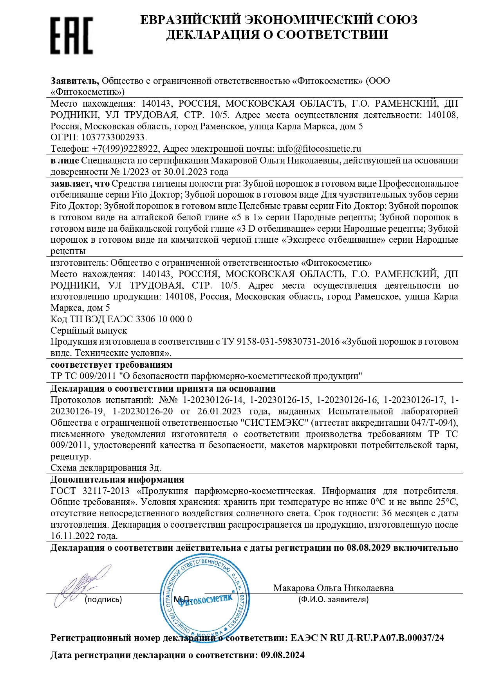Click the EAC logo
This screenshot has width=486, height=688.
tap(72, 35)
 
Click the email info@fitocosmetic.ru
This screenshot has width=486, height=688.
tap(319, 149)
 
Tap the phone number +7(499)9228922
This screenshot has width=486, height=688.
tap(125, 149)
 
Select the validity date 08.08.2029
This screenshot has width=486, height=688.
tap(369, 548)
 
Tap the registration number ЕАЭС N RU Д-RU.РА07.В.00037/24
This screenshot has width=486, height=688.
tap(367, 638)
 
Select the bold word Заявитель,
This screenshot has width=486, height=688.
tap(75, 81)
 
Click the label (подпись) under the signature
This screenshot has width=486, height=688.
tap(103, 599)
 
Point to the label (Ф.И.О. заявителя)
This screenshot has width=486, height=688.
tap(333, 599)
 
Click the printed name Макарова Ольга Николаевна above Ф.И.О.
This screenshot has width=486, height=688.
tap(333, 588)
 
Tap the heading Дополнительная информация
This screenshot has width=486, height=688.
tap(117, 479)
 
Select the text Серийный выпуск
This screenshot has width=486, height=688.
tap(89, 330)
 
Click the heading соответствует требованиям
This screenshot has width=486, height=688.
tap(112, 365)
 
